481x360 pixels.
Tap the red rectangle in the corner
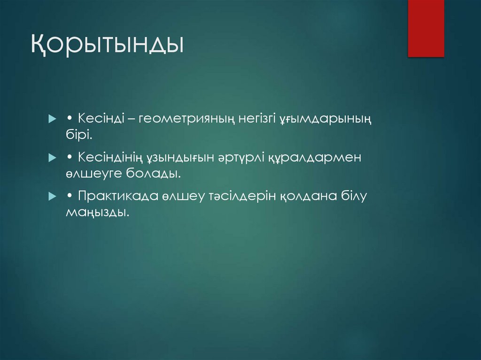pos(426,28)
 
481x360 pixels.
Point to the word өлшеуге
pos(93,174)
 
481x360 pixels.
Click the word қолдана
pos(308,196)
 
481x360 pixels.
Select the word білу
pos(353,196)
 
